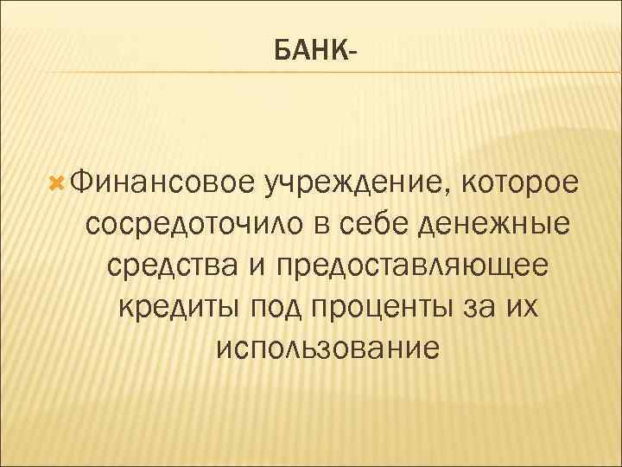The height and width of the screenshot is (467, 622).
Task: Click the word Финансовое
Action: tap(161, 183)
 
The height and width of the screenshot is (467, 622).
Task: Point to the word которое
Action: tap(521, 183)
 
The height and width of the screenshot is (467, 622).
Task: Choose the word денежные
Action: tap(494, 225)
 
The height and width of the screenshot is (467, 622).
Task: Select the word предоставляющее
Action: tap(413, 266)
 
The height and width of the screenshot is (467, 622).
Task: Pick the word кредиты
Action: tap(179, 308)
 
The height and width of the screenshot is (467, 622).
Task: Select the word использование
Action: tap(329, 349)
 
